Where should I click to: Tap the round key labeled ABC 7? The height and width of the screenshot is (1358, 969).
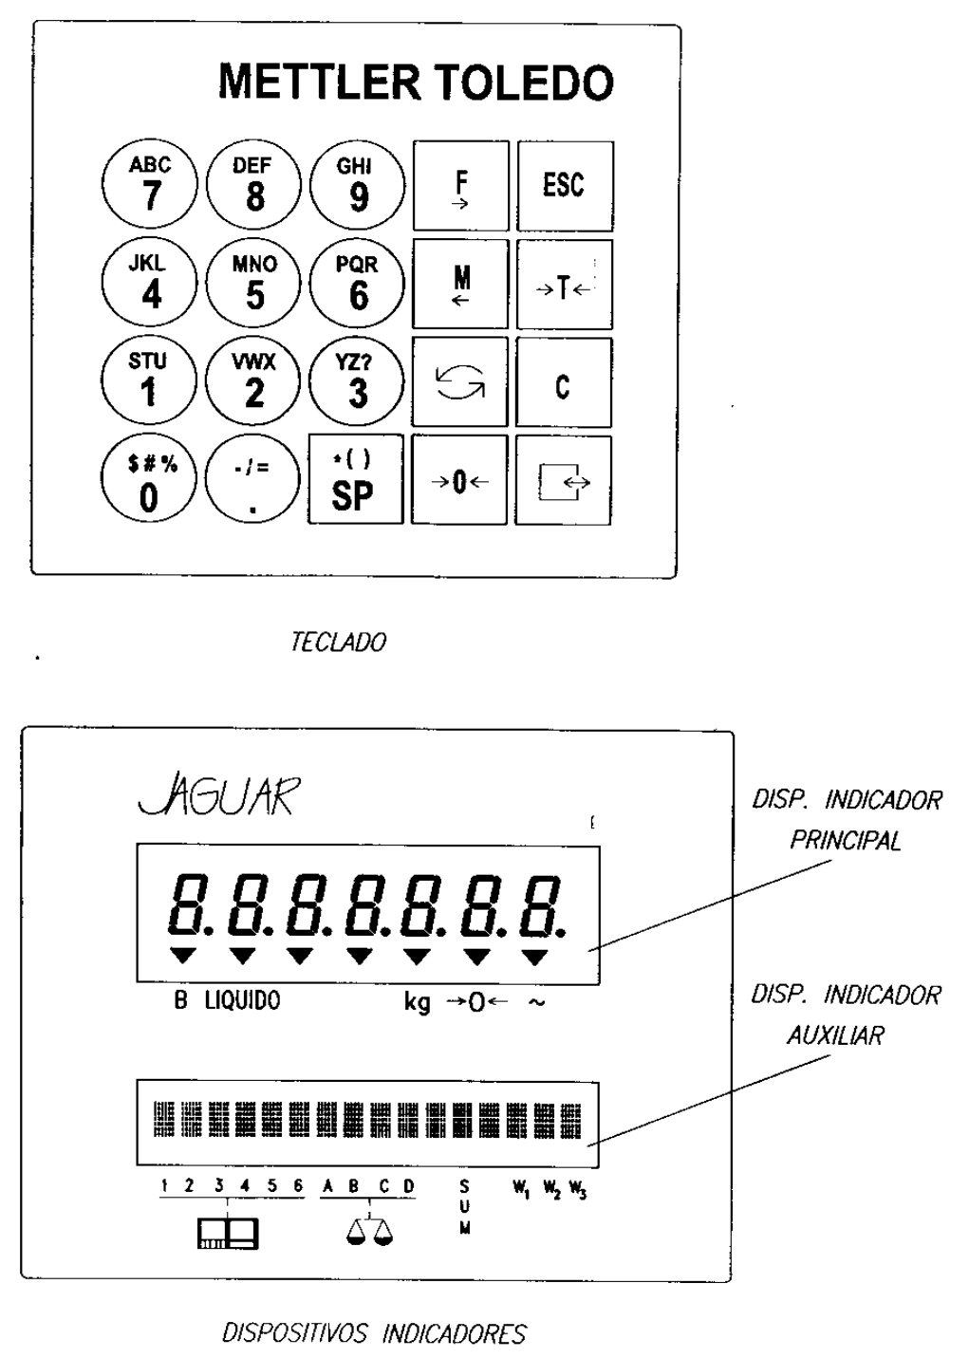point(149,183)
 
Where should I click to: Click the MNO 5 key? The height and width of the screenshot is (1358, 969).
point(253,283)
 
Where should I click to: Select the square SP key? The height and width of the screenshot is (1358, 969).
point(355,479)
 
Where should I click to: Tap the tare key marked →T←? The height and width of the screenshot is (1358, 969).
point(565,285)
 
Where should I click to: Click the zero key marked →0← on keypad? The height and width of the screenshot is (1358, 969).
point(459,479)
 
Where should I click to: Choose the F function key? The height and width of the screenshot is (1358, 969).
point(461,185)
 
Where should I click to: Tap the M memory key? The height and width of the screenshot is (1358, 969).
point(460,284)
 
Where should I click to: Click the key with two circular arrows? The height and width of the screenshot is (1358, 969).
point(459,381)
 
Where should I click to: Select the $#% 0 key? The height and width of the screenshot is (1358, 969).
point(149,479)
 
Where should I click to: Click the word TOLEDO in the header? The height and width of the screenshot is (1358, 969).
point(523,82)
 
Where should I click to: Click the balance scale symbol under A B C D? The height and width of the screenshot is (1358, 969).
point(369,1232)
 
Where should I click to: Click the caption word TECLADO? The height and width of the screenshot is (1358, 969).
point(339,642)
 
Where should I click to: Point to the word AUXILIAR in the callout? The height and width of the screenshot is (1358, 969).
point(835,1035)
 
